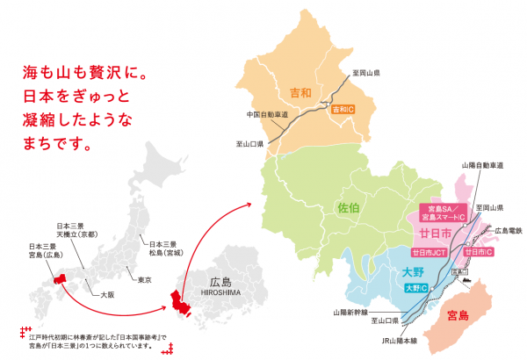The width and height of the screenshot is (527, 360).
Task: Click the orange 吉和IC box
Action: [x=343, y=110]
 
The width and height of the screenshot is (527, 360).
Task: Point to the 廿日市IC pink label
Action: [x=479, y=252]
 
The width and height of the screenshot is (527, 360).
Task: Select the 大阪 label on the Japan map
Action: [x=109, y=296]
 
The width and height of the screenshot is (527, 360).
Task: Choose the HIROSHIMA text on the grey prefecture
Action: [x=220, y=295]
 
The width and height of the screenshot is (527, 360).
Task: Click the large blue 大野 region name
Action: [x=413, y=272]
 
